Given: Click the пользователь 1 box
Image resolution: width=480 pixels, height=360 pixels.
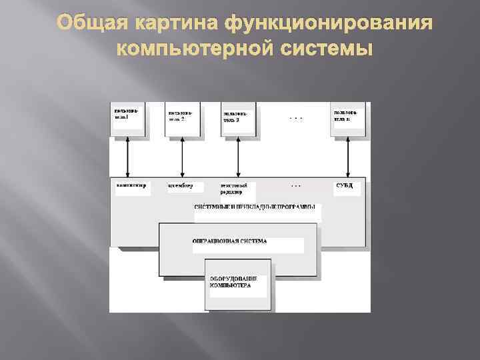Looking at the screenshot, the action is (128, 119).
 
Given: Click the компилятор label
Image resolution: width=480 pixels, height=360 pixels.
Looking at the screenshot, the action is (131, 185).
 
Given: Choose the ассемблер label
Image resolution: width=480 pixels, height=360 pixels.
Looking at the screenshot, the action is (181, 185).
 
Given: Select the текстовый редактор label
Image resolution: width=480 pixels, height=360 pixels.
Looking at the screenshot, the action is (234, 188).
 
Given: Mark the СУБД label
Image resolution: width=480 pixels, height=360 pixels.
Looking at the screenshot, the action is (345, 185).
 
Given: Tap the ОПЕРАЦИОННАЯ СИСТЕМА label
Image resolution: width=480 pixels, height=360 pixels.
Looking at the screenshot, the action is (229, 241).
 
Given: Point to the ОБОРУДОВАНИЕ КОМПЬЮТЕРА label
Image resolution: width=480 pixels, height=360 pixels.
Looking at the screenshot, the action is (230, 281).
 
